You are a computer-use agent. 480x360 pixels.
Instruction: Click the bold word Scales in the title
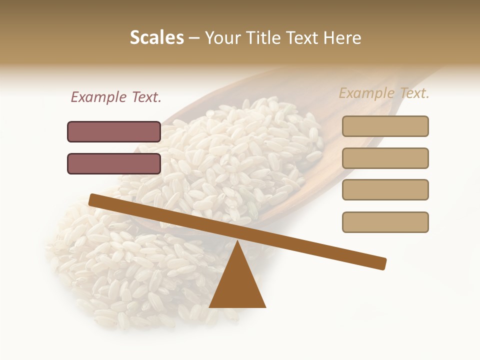(x=156, y=37)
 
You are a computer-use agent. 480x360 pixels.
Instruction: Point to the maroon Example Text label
(x=116, y=97)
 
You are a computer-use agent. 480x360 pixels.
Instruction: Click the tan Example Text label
(x=384, y=93)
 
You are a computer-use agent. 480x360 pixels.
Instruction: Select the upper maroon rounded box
(x=114, y=131)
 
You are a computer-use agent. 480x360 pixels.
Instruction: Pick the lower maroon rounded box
(x=114, y=163)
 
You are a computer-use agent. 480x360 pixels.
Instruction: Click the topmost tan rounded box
(x=385, y=126)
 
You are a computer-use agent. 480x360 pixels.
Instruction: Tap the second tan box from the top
(x=385, y=158)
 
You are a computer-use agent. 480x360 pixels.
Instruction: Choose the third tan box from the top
(x=385, y=190)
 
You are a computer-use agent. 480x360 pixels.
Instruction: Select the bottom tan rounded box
(x=385, y=222)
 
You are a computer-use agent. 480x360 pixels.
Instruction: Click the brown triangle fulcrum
(x=237, y=285)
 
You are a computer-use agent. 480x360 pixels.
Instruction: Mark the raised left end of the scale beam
(x=92, y=199)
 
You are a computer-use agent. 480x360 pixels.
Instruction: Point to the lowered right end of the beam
(x=382, y=263)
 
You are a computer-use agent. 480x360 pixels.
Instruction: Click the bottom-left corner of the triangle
(x=210, y=306)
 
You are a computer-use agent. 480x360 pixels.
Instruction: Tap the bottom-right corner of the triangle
(x=265, y=306)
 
